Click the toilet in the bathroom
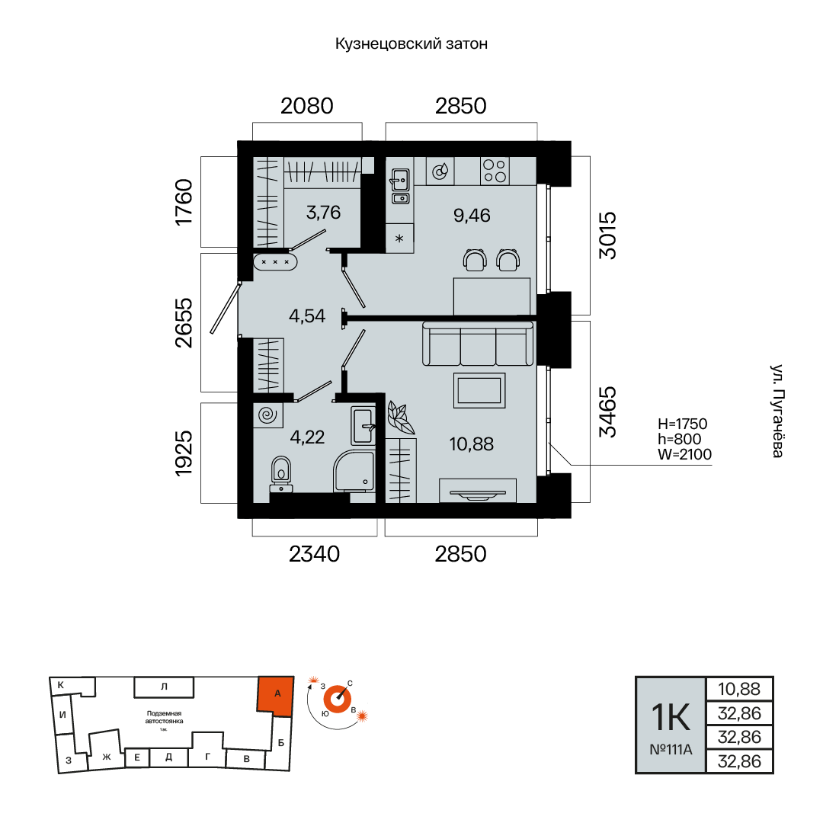pos(281,474)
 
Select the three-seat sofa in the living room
pos(478,344)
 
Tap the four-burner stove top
pos(495,171)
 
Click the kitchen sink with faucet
pos(401,181)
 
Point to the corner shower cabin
pos(354,471)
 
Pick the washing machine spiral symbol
pos(267,415)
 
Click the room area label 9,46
pos(472,215)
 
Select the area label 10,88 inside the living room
pos(472,444)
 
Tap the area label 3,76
pos(323,212)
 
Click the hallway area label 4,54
pos(307,316)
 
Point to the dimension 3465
pos(608,411)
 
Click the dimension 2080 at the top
pos(307,106)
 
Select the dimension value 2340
pos(315,554)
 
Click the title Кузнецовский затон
pos(411,43)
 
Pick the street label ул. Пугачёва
pos(778,411)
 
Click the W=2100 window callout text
pos(685,454)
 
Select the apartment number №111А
pos(671,750)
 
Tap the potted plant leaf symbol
pos(401,418)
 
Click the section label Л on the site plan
pos(165,687)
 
